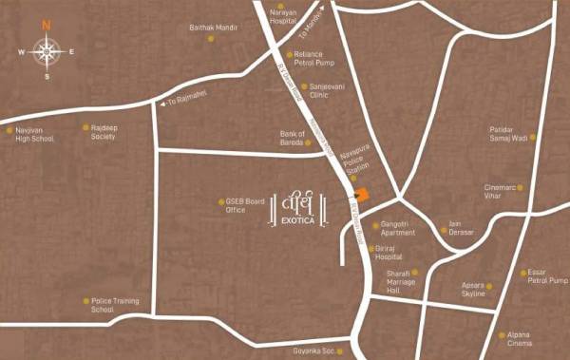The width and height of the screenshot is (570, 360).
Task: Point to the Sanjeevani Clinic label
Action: pos(317,90)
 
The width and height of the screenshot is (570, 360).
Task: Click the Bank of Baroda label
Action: pos(292,138)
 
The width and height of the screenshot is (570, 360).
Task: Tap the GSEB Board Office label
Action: pos(244,205)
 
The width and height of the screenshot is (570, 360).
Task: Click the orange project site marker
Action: pos(361,195)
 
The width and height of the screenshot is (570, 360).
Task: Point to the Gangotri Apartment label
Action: pos(397,228)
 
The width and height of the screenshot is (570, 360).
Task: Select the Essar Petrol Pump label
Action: pos(546,277)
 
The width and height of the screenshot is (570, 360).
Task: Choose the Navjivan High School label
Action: pos(34,135)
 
